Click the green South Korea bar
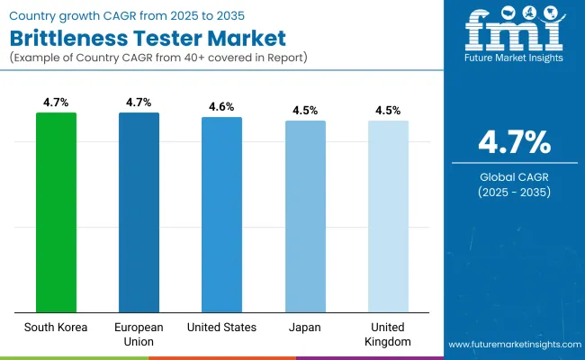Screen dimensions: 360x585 pyautogui.click(x=56, y=211)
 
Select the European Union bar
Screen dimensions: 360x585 pyautogui.click(x=139, y=211)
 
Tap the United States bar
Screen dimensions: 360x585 pyautogui.click(x=221, y=214)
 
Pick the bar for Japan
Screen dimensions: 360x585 pyautogui.click(x=305, y=216)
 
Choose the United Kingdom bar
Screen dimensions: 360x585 pyautogui.click(x=388, y=216)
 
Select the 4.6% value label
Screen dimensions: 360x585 pyautogui.click(x=221, y=107)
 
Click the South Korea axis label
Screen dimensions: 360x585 pyautogui.click(x=56, y=327)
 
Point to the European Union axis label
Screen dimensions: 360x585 pyautogui.click(x=139, y=334)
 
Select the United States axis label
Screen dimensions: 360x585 pyautogui.click(x=221, y=327)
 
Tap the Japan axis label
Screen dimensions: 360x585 pyautogui.click(x=305, y=327)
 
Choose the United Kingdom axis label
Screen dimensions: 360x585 pyautogui.click(x=388, y=334)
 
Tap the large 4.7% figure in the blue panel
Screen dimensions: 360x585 pyautogui.click(x=512, y=141)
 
